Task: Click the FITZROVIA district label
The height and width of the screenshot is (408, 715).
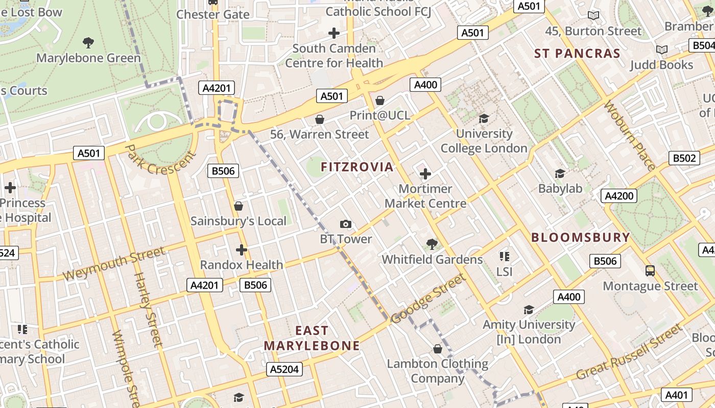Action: click(357, 167)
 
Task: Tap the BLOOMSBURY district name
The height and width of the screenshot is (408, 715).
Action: click(581, 237)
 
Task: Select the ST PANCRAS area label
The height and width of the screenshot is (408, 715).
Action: click(577, 54)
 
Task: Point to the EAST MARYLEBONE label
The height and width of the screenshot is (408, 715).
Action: click(312, 338)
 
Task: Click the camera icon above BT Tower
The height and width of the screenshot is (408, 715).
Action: click(346, 224)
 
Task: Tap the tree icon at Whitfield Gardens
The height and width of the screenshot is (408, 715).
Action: click(432, 244)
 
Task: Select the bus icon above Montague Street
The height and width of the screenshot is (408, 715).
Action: click(650, 270)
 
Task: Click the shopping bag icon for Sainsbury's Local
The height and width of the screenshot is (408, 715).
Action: click(238, 206)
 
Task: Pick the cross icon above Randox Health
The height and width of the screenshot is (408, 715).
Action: click(242, 250)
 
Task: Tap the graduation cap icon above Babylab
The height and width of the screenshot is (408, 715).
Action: click(560, 173)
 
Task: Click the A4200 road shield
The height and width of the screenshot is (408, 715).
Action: click(618, 196)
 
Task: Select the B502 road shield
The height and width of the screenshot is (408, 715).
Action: click(684, 158)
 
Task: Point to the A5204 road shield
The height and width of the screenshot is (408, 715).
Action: click(284, 369)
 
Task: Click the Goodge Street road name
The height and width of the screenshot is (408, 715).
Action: click(428, 299)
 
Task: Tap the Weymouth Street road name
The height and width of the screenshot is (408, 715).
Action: click(114, 263)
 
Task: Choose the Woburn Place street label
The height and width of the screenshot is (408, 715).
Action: click(630, 136)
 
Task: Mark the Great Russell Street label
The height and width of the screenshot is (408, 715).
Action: click(629, 351)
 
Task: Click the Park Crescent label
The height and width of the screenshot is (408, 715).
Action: click(160, 159)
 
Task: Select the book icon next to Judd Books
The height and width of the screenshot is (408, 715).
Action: click(662, 49)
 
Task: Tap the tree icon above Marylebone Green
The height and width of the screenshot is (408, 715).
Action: click(88, 42)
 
